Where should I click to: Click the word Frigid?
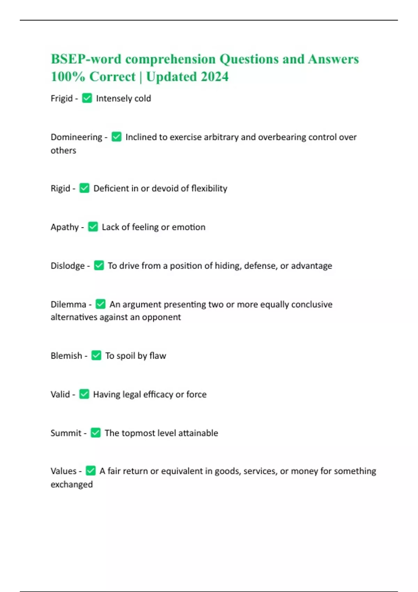(62, 99)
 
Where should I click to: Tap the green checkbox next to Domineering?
(116, 137)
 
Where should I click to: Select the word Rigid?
(60, 188)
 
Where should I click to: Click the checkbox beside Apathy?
(93, 227)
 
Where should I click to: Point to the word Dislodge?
(68, 266)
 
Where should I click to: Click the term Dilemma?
(68, 304)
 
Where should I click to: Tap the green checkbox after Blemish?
(96, 356)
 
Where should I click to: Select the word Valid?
(60, 394)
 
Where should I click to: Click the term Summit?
(66, 433)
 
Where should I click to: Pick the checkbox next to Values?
(91, 471)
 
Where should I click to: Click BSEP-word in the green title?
(86, 59)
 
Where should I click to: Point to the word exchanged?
(72, 484)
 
